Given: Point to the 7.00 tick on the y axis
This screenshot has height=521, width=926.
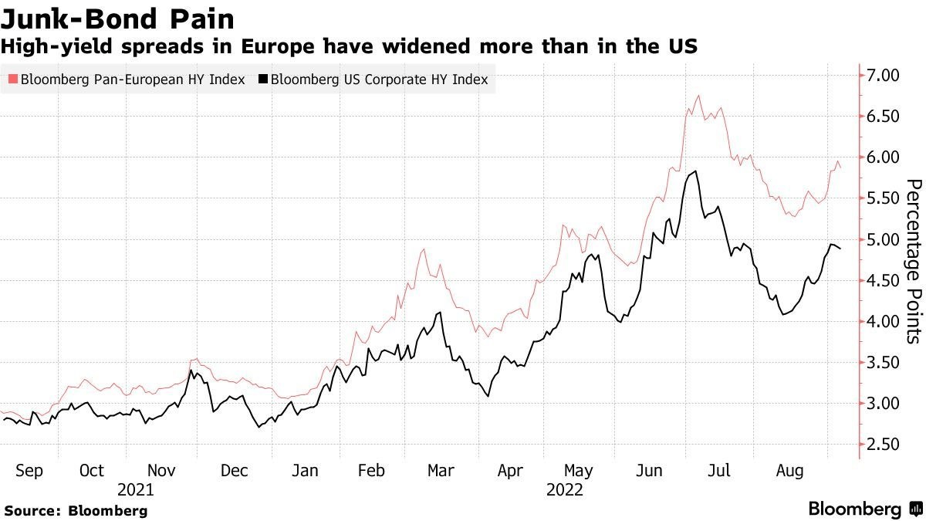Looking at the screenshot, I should click(884, 75).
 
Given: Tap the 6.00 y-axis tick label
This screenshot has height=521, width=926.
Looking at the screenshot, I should click(884, 157).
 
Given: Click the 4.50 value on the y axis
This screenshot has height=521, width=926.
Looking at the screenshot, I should click(884, 280).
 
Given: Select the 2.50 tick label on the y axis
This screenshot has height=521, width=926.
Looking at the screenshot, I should click(884, 445).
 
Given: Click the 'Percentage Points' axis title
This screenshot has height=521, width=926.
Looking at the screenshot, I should click(913, 261).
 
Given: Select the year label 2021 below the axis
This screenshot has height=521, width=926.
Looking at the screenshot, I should click(136, 489).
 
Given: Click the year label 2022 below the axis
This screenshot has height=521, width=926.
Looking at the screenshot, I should click(564, 489).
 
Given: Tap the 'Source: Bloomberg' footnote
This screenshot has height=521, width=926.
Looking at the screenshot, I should click(76, 510).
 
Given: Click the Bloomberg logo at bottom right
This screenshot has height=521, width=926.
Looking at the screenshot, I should click(864, 509).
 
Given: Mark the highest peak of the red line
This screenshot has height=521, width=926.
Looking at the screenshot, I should click(698, 96).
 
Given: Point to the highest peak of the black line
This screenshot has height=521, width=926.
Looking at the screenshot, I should click(697, 171).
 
